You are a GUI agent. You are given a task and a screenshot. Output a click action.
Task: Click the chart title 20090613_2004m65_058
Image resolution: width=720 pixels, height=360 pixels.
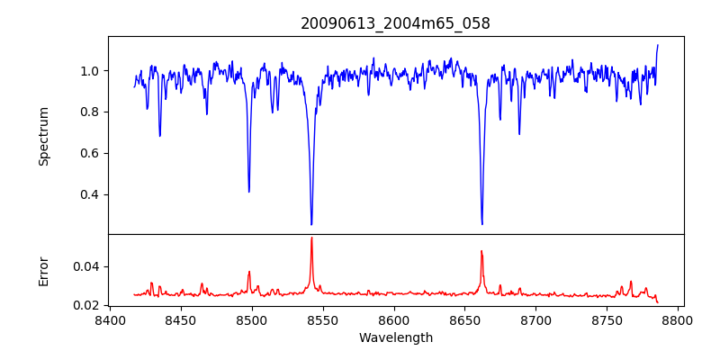point(395,23)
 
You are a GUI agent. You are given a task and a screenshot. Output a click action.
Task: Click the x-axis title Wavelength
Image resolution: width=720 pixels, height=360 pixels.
point(395,337)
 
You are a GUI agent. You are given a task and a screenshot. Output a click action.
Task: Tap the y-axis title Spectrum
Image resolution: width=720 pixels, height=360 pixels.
point(43,136)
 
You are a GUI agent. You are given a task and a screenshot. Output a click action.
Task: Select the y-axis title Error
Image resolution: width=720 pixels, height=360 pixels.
point(43,271)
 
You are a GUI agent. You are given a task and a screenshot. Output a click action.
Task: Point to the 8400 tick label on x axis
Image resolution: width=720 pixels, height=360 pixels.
point(110,319)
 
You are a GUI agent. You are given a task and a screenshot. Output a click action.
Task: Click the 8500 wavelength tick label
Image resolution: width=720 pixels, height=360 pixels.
point(252,319)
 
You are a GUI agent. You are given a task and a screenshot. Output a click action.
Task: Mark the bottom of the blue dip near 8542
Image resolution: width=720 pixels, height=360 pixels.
point(311,224)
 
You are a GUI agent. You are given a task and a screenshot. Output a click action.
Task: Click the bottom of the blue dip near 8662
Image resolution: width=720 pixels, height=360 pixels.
point(482,224)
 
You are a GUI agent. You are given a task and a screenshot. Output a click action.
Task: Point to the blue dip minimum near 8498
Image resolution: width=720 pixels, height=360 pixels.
point(249,191)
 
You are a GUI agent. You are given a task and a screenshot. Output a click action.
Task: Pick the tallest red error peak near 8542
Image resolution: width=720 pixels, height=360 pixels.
point(311,238)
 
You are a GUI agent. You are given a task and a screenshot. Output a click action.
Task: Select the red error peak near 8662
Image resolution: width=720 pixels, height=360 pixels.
point(481,251)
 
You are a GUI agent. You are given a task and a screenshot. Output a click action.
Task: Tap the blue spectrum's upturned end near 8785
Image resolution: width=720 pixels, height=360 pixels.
point(658,45)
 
